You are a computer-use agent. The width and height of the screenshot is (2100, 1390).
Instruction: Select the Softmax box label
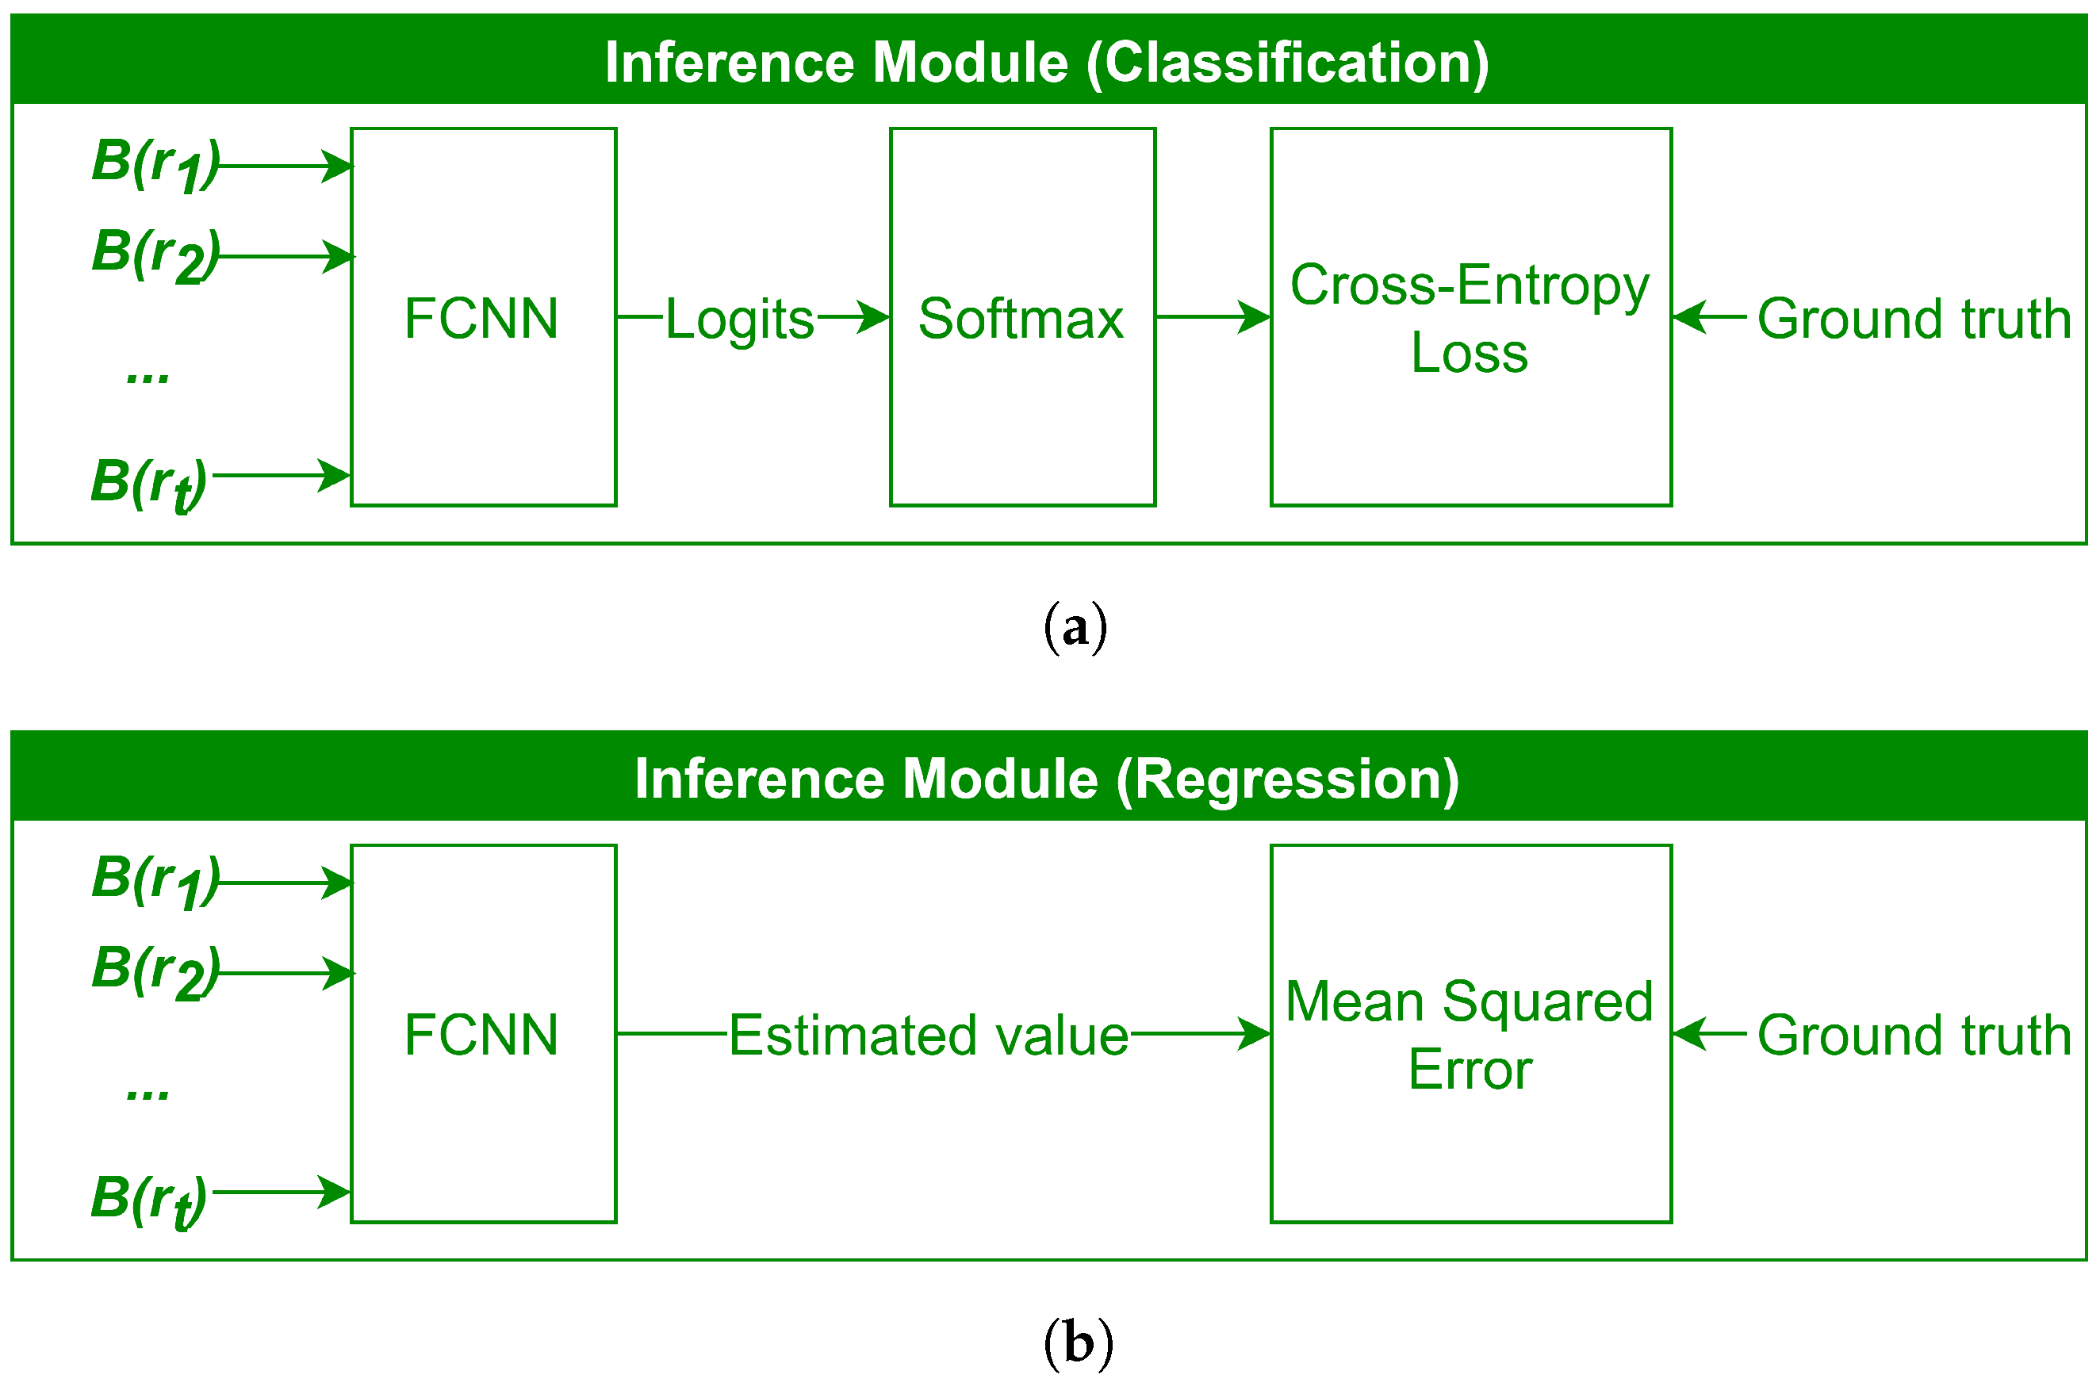click(1021, 318)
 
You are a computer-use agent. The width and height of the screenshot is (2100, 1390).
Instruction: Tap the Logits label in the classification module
click(739, 318)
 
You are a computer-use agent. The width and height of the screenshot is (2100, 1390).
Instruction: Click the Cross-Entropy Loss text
click(1469, 318)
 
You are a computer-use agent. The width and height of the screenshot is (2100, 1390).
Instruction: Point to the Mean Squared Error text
click(1469, 1035)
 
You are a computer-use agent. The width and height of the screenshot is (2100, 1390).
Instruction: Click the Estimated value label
click(928, 1035)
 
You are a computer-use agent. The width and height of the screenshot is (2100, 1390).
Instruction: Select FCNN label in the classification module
click(481, 318)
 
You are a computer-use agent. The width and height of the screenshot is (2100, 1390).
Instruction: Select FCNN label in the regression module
click(481, 1035)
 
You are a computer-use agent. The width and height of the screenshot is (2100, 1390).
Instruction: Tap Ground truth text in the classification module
click(1913, 318)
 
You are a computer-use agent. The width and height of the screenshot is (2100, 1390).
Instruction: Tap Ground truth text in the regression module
click(1913, 1035)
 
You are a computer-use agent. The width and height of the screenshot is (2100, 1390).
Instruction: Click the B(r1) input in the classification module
click(155, 164)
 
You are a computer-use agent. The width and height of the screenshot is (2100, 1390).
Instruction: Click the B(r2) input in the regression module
click(155, 971)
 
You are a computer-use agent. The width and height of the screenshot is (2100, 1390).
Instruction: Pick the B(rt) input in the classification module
click(149, 483)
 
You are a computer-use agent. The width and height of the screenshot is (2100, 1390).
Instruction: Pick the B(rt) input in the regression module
click(149, 1200)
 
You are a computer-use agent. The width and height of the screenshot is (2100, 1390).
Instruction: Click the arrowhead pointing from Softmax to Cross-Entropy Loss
click(1255, 316)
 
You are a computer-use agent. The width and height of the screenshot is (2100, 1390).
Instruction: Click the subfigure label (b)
click(1077, 1344)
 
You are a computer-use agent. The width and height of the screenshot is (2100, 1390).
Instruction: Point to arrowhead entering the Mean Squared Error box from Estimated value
click(1255, 1032)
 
